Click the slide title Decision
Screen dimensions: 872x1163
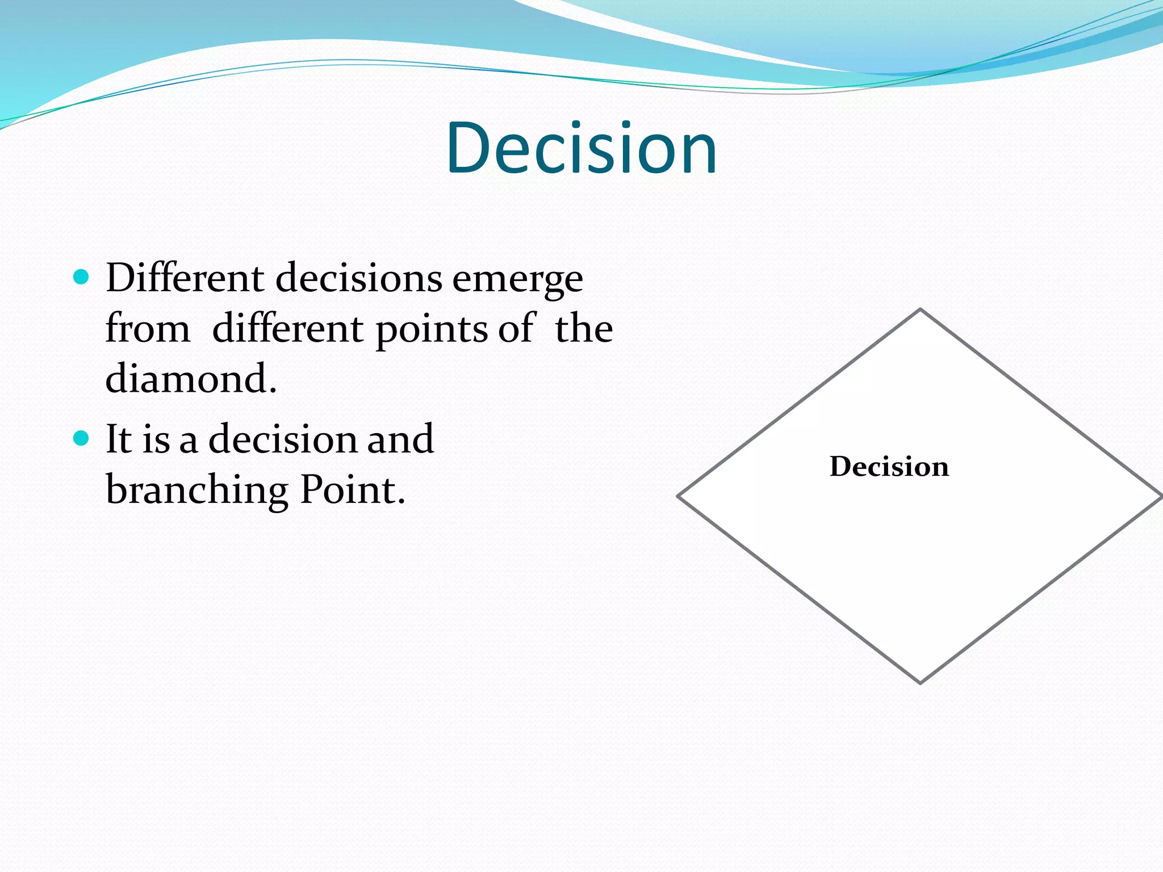(581, 149)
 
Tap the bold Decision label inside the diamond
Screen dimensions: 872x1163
(889, 467)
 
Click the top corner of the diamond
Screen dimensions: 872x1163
(920, 310)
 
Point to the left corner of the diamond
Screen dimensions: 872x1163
(679, 496)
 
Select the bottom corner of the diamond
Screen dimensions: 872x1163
(920, 682)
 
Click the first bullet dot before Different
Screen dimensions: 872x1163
(82, 277)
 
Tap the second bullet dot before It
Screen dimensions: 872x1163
(82, 438)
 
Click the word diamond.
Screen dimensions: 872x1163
(191, 379)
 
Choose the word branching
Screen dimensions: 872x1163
(196, 491)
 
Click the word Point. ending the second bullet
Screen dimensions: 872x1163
(352, 489)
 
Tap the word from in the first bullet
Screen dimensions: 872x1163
(148, 329)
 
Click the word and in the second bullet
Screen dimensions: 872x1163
(400, 439)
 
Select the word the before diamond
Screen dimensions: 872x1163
(583, 329)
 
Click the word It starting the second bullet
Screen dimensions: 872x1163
(119, 439)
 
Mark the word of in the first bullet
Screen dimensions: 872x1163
(516, 329)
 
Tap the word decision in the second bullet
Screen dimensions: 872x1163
(282, 439)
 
